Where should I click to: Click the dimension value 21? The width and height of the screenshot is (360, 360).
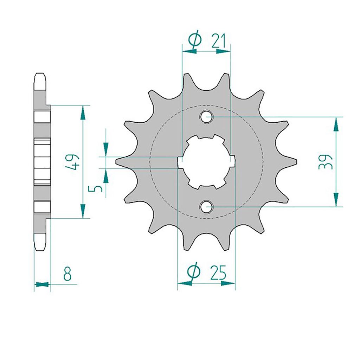point(219,41)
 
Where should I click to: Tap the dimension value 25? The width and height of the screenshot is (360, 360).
point(218,273)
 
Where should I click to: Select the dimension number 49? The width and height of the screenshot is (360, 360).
point(72,162)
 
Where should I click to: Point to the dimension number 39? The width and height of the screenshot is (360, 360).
point(325,162)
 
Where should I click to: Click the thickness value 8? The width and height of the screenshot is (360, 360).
point(67,274)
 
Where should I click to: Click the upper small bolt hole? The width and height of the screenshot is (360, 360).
point(206,117)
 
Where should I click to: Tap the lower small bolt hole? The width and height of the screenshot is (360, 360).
point(206,206)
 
